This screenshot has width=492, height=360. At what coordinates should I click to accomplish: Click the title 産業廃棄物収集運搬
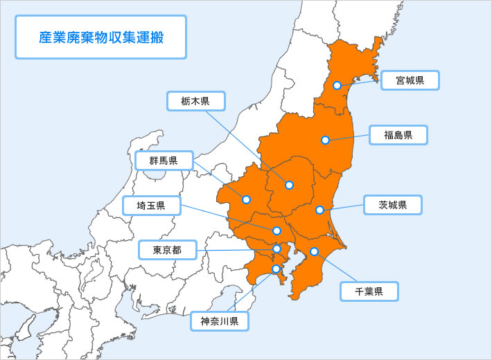click(x=100, y=37)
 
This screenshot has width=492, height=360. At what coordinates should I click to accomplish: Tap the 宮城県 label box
click(x=410, y=80)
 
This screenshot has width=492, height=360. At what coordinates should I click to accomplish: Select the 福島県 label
click(x=398, y=135)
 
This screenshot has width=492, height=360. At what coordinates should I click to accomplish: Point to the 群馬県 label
click(x=164, y=161)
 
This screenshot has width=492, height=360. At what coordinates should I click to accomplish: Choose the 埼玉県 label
click(x=151, y=206)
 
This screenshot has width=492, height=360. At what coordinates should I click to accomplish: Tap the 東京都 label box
click(x=168, y=250)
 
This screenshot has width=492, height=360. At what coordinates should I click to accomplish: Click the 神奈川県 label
click(x=220, y=321)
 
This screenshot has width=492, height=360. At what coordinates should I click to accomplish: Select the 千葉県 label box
click(x=369, y=291)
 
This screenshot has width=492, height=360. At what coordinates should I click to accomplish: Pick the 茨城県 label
click(x=392, y=205)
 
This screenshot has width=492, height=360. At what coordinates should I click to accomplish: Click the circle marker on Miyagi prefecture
click(x=337, y=85)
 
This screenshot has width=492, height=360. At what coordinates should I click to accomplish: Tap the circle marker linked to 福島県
click(x=325, y=141)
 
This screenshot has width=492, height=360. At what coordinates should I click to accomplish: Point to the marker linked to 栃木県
click(x=289, y=185)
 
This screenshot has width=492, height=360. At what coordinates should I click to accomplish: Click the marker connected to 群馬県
click(x=246, y=199)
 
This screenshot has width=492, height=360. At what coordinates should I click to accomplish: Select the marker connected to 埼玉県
click(x=276, y=231)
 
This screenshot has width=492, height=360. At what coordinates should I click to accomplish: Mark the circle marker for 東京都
click(x=276, y=249)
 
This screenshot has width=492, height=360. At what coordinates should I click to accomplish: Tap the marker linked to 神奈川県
click(x=276, y=269)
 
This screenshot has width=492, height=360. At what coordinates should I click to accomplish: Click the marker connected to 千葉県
click(x=314, y=251)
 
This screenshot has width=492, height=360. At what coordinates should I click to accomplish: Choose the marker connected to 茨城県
click(x=319, y=210)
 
